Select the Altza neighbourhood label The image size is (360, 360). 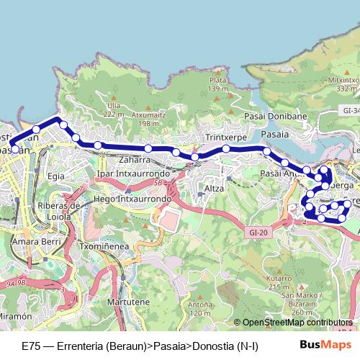[x=214, y=189]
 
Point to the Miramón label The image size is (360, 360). [x=16, y=316]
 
